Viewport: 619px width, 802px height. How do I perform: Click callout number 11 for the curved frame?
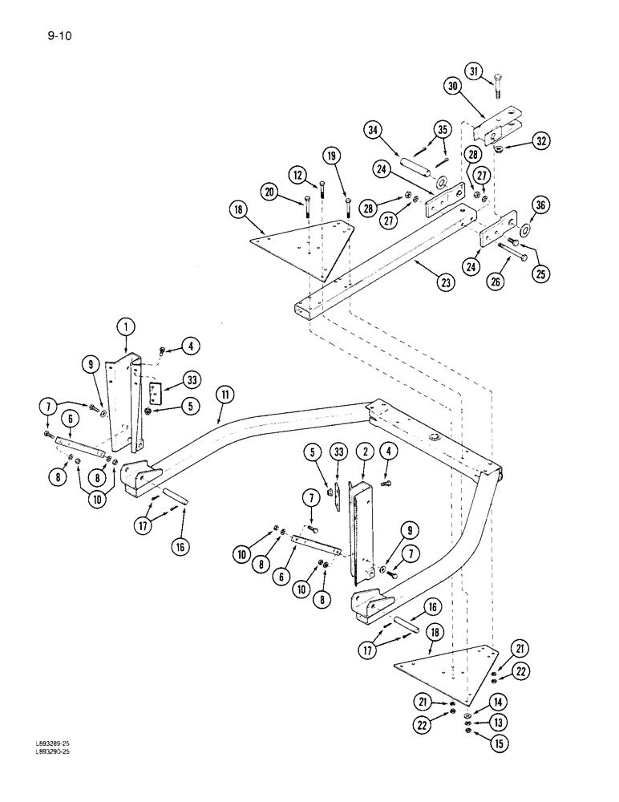pyautogui.click(x=225, y=394)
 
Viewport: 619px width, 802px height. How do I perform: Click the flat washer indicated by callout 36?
pyautogui.click(x=524, y=230)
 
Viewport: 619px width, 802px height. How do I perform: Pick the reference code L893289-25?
pyautogui.click(x=30, y=765)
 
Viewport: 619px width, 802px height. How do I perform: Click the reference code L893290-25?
pyautogui.click(x=30, y=774)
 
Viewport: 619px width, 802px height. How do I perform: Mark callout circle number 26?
pyautogui.click(x=496, y=281)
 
